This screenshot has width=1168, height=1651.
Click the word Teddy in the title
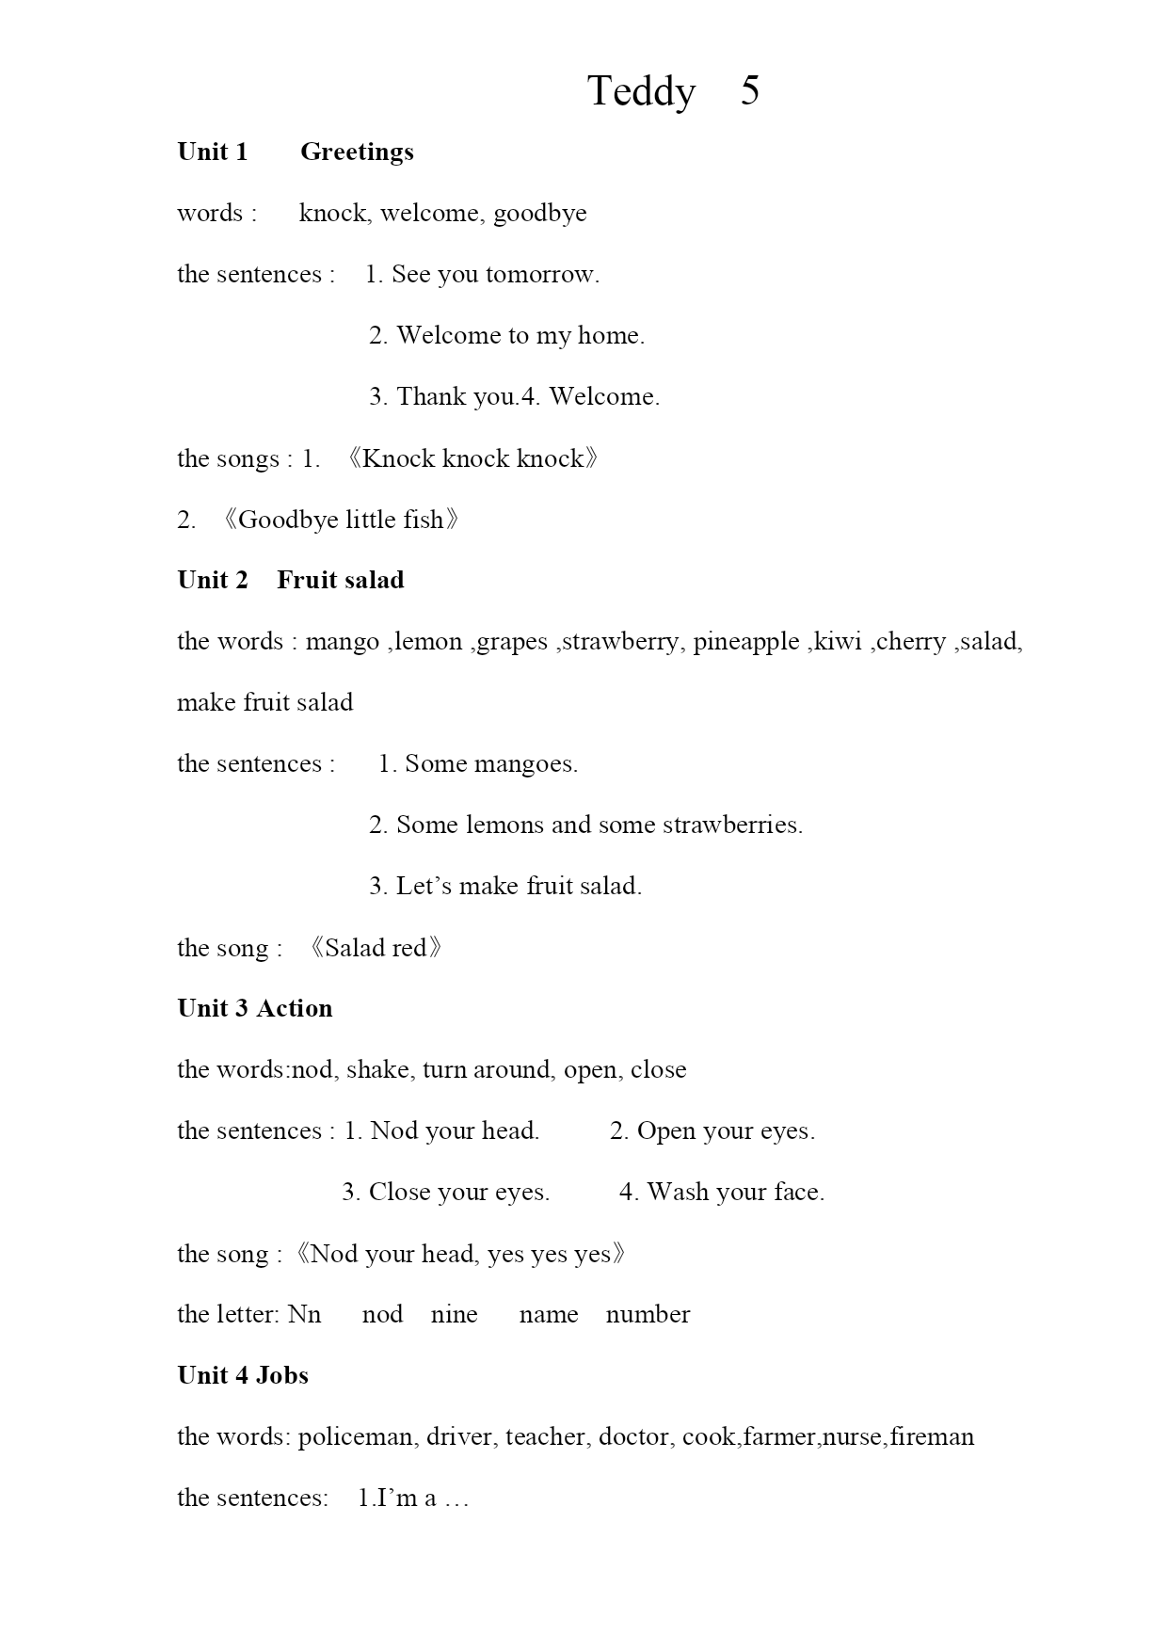point(641,92)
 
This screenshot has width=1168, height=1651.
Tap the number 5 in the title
point(749,90)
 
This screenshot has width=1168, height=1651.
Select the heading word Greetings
point(357,152)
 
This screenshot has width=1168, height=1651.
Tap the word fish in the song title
point(423,520)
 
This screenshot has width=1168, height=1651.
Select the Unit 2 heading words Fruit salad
point(340,581)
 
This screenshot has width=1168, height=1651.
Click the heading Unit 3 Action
point(254,1009)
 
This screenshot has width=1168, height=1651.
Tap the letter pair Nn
point(304,1315)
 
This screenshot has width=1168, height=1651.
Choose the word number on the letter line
point(648,1315)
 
